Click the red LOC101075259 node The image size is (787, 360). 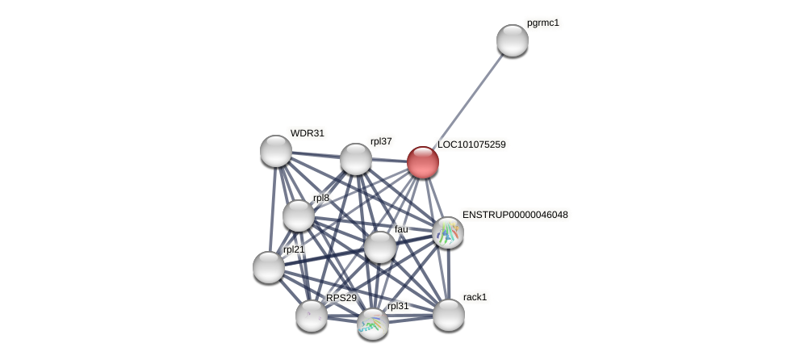pos(423,162)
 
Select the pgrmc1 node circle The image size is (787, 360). pos(512,40)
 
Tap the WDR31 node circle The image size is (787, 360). pos(276,151)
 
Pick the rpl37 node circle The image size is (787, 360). pos(355,159)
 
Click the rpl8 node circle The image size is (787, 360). pos(299,216)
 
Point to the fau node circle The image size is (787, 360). pos(379,247)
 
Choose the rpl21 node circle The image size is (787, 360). pos(269,266)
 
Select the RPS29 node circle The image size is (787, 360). pos(312,316)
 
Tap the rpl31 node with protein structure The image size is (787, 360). pos(373,324)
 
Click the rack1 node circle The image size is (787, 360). pos(449,315)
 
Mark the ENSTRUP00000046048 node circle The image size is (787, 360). pos(447,232)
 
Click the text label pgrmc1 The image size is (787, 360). pos(542,23)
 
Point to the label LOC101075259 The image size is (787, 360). pos(471,144)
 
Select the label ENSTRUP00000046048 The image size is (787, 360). pos(515,215)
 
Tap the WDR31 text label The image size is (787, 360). pos(308,133)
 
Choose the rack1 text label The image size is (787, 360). pos(475,297)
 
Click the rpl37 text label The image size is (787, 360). pos(381,141)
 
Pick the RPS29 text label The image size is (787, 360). pos(341,298)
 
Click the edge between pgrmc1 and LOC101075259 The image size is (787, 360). pos(467,102)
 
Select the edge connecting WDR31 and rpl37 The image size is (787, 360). pos(316,155)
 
